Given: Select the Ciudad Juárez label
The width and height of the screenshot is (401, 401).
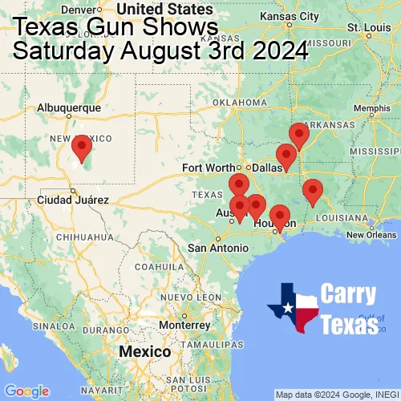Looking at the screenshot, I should [73, 200].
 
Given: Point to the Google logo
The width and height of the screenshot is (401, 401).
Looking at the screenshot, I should [26, 391].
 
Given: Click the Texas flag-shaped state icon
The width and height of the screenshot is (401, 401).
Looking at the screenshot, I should [293, 308].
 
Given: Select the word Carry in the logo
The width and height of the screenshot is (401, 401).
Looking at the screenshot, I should [349, 294].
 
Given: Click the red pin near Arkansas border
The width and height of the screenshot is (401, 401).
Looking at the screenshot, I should [298, 135].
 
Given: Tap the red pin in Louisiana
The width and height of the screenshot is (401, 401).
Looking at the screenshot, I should [313, 191].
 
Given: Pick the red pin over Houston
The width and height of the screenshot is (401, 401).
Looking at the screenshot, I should [279, 216].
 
